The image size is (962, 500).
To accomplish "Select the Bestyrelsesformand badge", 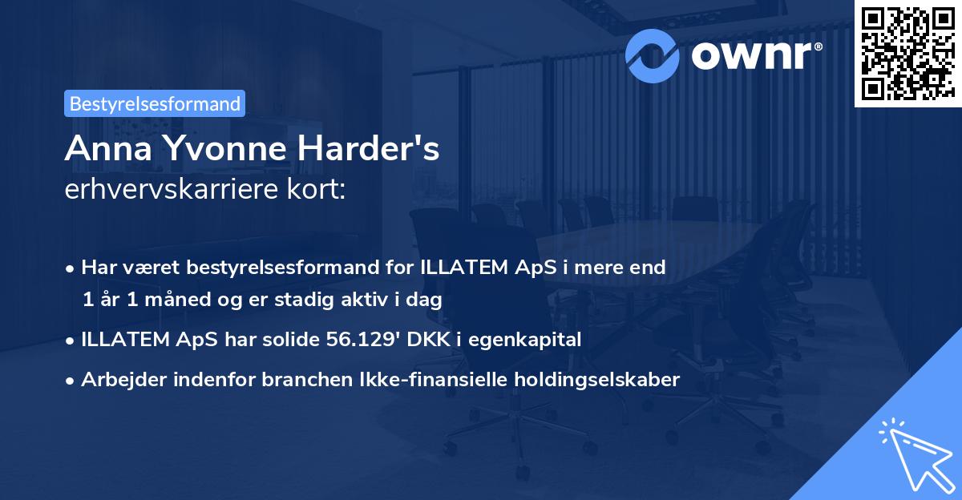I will [x=154, y=103].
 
